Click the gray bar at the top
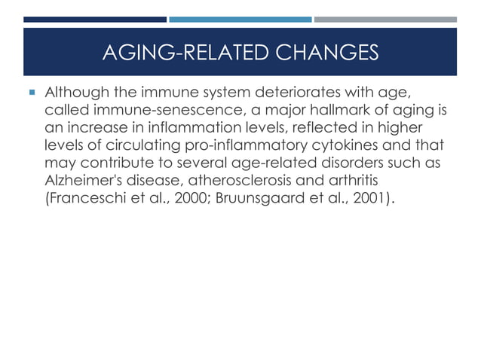(384, 20)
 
